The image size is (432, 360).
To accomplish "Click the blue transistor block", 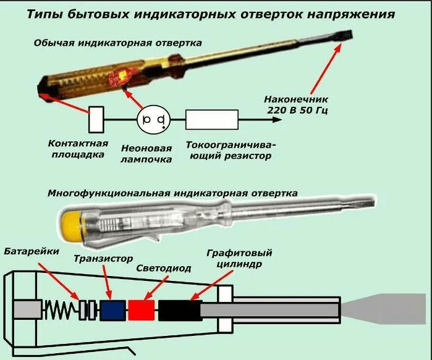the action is point(112,310).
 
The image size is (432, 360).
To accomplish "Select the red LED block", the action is point(142,310).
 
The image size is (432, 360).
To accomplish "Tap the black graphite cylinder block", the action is point(180,310).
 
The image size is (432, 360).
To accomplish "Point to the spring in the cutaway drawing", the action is point(61,310).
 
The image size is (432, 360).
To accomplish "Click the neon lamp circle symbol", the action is point(153,119).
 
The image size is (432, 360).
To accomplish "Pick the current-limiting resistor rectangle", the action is point(212,119).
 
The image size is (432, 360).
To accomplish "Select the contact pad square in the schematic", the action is point(96,119).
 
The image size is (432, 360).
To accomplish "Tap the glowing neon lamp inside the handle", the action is point(122,76).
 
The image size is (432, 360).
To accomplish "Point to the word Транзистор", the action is point(103,259).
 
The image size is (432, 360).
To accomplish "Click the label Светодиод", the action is point(164,269).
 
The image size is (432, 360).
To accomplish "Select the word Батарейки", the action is point(32,251).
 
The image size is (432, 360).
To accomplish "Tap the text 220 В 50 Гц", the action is point(297,111).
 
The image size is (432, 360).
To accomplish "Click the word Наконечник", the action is point(296,99).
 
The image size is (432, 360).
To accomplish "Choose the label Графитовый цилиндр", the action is point(239,259).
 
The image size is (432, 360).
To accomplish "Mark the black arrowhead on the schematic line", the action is point(277,119).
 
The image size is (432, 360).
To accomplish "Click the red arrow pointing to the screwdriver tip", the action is point(326,69).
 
